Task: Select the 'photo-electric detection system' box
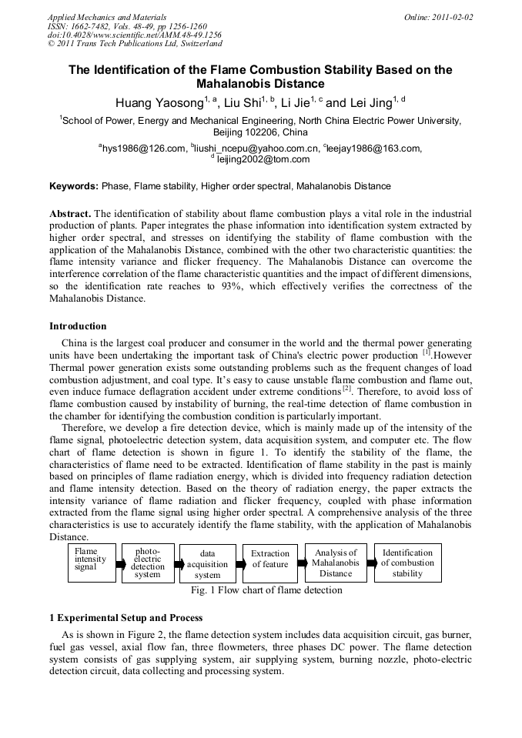click(148, 563)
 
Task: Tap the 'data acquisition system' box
click(207, 564)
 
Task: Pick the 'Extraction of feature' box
click(270, 559)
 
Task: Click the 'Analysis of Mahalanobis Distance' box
click(336, 563)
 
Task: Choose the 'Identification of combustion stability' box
click(407, 563)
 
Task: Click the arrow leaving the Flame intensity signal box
click(119, 564)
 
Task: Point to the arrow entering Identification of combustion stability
click(370, 563)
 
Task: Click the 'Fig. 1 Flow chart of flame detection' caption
click(266, 591)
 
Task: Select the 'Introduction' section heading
click(78, 326)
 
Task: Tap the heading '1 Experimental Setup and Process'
click(125, 618)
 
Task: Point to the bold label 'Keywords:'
click(74, 186)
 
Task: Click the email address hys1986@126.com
click(143, 149)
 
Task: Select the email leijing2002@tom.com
click(263, 159)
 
